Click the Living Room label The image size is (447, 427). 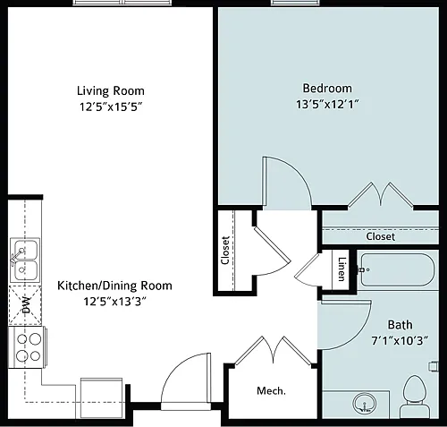[x=111, y=90]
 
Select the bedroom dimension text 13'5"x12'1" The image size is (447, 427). [x=327, y=105]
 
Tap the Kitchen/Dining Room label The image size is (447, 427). [x=114, y=286]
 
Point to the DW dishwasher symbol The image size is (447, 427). [x=25, y=305]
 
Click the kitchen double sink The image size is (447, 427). [x=25, y=260]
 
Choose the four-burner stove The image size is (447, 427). [x=27, y=347]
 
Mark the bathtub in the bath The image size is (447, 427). [x=398, y=269]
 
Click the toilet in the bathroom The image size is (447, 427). [x=416, y=397]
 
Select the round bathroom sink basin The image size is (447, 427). [x=364, y=404]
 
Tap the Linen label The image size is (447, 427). [x=342, y=269]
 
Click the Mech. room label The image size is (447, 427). [x=271, y=390]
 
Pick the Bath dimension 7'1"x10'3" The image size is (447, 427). [x=400, y=340]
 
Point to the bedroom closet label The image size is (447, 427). [x=381, y=236]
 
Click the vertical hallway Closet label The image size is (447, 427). [x=225, y=251]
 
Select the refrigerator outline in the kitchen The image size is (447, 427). [x=101, y=398]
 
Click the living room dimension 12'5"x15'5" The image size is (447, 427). [x=111, y=107]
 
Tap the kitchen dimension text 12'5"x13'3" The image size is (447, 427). [x=114, y=302]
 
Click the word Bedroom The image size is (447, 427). [x=327, y=89]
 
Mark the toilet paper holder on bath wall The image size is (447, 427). [x=434, y=366]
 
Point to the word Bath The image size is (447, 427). [x=400, y=325]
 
